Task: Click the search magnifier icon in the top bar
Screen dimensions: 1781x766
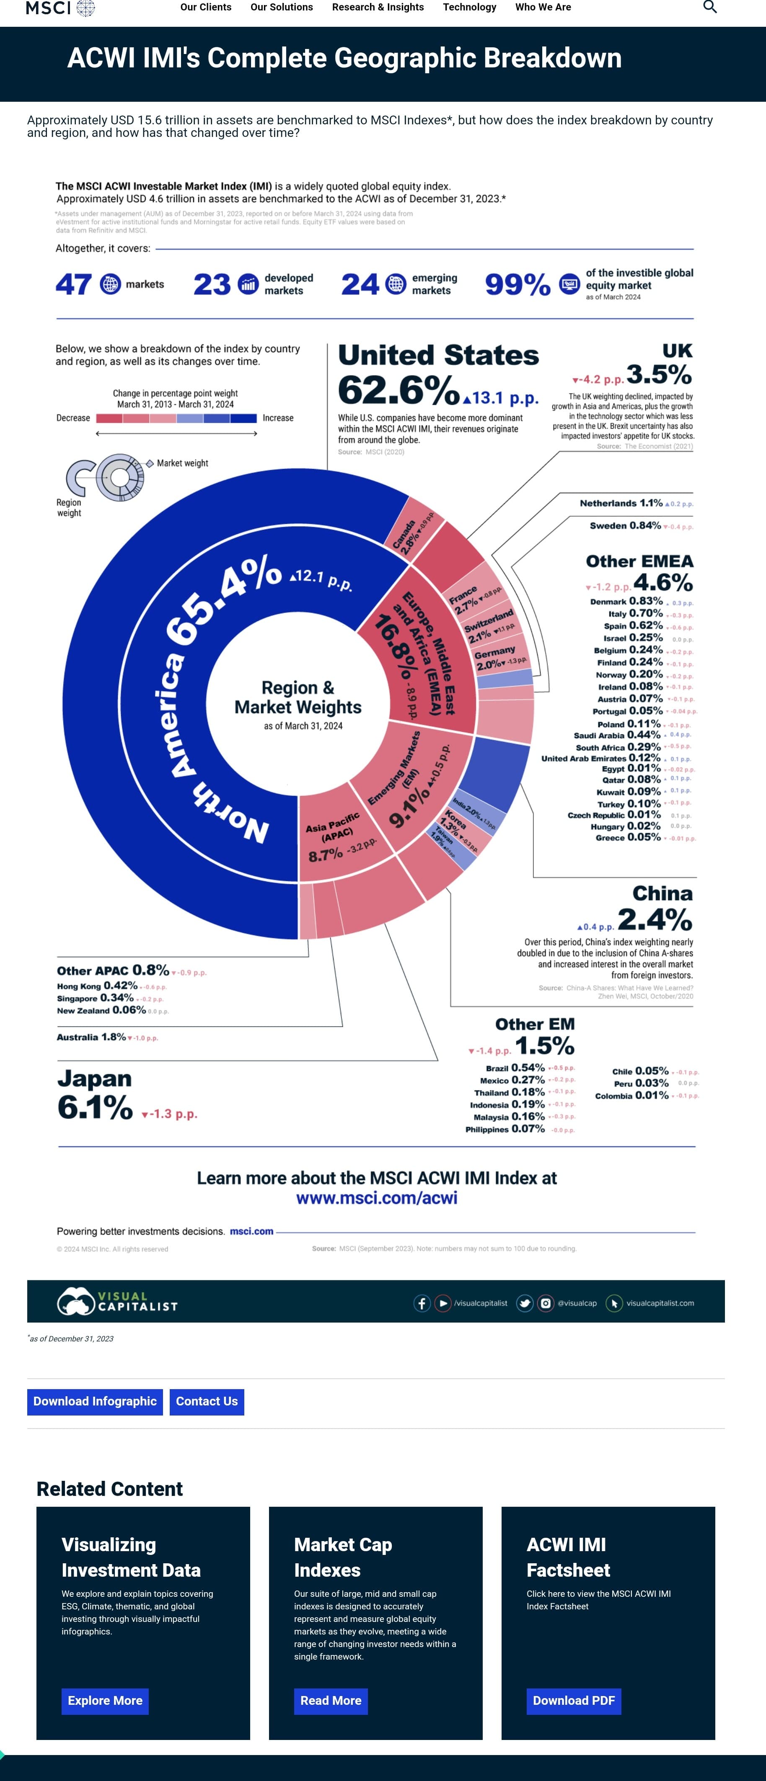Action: pyautogui.click(x=709, y=7)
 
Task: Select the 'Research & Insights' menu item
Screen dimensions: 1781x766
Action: pyautogui.click(x=378, y=7)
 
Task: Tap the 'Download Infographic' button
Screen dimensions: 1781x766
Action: pyautogui.click(x=95, y=1401)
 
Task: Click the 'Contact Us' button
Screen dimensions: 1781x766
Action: pyautogui.click(x=206, y=1401)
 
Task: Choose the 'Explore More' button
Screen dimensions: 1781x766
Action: pyautogui.click(x=105, y=1701)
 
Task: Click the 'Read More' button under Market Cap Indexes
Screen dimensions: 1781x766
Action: pyautogui.click(x=331, y=1701)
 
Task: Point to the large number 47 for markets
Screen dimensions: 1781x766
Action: pyautogui.click(x=73, y=284)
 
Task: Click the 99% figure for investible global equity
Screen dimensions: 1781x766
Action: pyautogui.click(x=518, y=284)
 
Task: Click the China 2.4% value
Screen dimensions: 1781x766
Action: pyautogui.click(x=654, y=919)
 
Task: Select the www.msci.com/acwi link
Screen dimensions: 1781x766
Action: pyautogui.click(x=376, y=1198)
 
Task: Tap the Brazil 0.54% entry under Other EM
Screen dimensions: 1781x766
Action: pyautogui.click(x=515, y=1068)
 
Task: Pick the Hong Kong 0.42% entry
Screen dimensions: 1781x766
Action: pyautogui.click(x=97, y=986)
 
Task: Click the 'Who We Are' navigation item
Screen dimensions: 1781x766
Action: pyautogui.click(x=543, y=7)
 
